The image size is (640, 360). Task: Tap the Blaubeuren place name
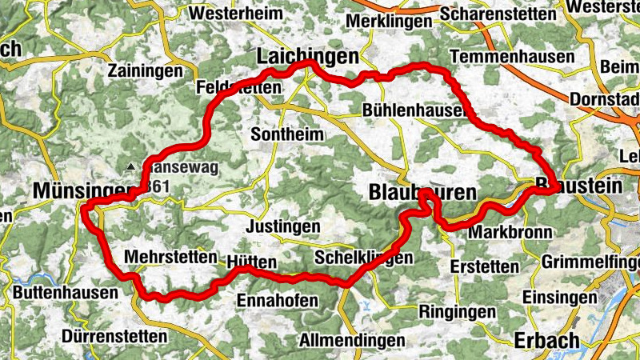(422, 192)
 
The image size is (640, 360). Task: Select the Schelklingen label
(364, 258)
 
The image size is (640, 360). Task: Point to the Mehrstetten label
(171, 257)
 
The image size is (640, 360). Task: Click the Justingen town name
(284, 226)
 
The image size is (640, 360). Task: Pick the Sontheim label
(287, 134)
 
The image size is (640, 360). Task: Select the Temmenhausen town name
(513, 57)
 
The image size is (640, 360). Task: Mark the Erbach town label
(548, 340)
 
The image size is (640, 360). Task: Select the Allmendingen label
(352, 340)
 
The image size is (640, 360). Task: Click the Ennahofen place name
(278, 300)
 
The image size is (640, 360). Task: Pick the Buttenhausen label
(65, 293)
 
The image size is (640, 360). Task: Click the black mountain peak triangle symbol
(131, 166)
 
